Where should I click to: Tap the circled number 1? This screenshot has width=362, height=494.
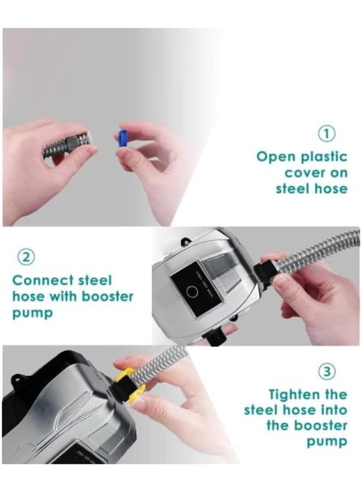pyautogui.click(x=327, y=134)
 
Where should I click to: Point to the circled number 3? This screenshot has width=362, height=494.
pyautogui.click(x=327, y=372)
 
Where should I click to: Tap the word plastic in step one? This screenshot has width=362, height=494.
pyautogui.click(x=324, y=156)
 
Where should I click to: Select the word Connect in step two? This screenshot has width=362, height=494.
pyautogui.click(x=43, y=280)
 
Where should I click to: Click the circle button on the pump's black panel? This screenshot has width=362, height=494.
pyautogui.click(x=192, y=292)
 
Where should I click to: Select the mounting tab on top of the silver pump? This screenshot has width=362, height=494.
pyautogui.click(x=186, y=242)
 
